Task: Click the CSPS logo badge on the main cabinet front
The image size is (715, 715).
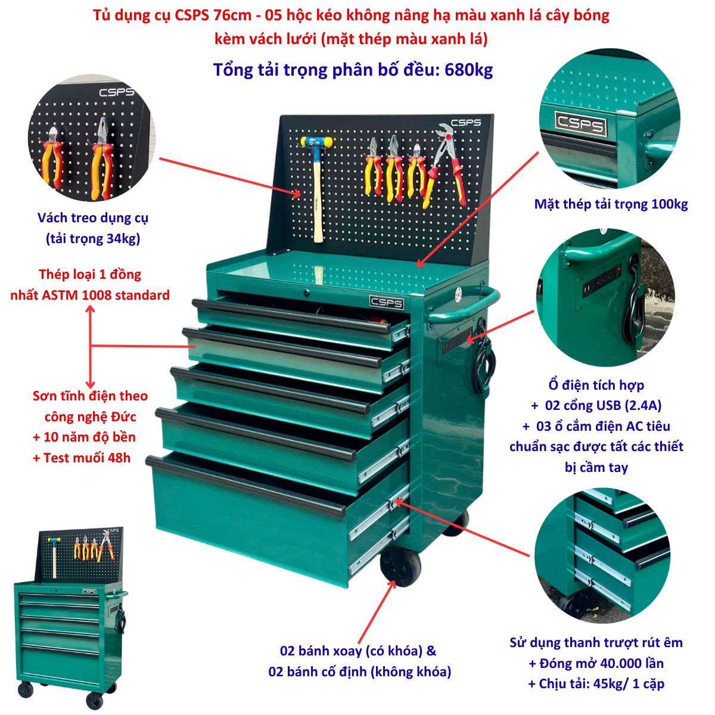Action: tap(386, 302)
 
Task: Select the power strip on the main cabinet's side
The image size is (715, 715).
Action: tap(456, 341)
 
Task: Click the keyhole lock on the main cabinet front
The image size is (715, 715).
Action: tap(306, 293)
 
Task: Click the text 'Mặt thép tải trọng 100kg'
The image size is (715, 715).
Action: tap(611, 204)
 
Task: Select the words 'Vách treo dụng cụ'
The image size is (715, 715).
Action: tap(93, 218)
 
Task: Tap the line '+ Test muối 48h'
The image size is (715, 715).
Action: tap(82, 458)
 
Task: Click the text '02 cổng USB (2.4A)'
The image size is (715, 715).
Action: tap(603, 406)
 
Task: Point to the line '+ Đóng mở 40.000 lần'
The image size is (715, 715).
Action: tap(596, 663)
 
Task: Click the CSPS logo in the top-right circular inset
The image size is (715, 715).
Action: tap(581, 123)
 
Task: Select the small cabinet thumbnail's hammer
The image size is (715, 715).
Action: tap(54, 557)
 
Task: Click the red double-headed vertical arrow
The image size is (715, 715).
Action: tap(90, 347)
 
